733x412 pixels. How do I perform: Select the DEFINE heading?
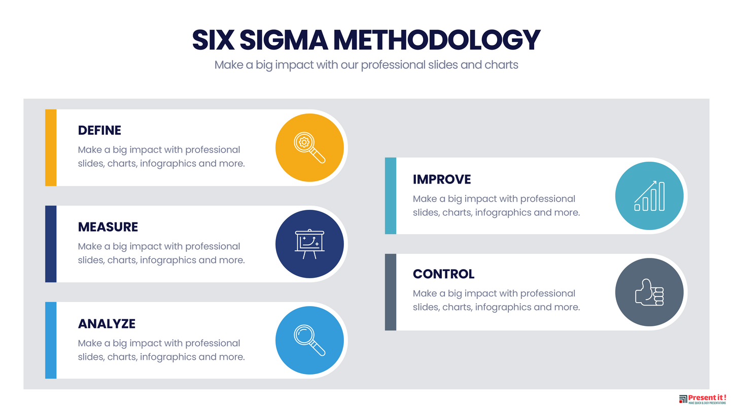99,130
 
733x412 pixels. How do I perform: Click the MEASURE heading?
108,227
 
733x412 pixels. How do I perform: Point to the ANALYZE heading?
107,323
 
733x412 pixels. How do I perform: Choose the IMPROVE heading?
442,179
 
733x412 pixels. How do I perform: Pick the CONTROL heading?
443,274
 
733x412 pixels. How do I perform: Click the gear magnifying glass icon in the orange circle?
309,147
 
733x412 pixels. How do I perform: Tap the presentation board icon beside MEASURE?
309,244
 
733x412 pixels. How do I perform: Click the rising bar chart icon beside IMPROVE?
649,196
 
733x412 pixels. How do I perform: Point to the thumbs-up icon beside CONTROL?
649,292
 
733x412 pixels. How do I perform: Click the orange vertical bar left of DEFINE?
51,147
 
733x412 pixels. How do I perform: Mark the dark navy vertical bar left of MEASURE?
51,244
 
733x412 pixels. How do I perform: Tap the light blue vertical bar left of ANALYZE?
51,341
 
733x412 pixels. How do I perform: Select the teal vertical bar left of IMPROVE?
390,196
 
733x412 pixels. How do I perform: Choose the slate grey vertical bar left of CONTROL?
390,292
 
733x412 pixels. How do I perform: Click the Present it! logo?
703,399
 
